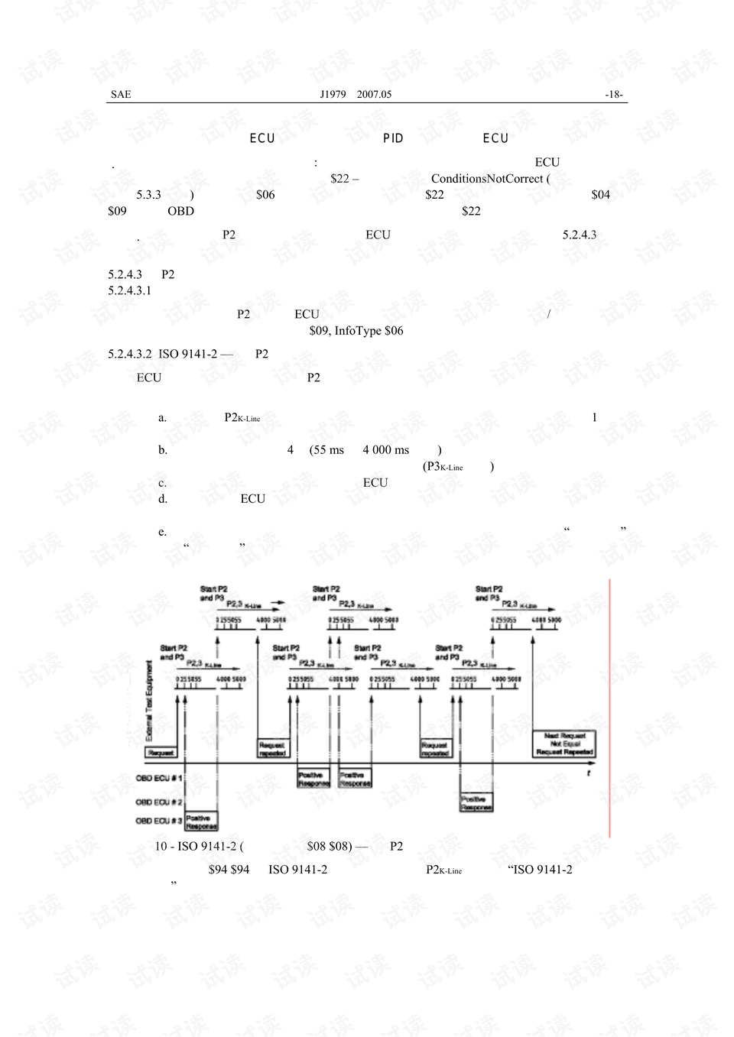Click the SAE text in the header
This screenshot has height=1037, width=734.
121,94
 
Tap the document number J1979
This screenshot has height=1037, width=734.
333,94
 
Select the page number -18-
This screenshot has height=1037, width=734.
614,94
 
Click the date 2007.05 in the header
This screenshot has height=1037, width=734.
374,94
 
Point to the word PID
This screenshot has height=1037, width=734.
393,138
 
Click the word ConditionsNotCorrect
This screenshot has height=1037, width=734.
487,179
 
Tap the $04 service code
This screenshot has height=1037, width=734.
600,195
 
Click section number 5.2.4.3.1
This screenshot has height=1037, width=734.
130,290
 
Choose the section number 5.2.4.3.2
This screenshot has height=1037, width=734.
130,354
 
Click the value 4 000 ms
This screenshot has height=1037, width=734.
386,450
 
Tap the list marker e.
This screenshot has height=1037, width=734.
162,532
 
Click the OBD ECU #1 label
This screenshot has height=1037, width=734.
159,778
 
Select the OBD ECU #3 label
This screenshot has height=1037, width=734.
159,821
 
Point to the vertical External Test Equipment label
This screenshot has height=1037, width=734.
149,701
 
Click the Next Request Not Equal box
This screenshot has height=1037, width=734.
564,744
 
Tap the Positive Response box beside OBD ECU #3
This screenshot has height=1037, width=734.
202,821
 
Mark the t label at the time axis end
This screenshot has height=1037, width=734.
589,773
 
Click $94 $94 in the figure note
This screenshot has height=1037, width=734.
229,870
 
